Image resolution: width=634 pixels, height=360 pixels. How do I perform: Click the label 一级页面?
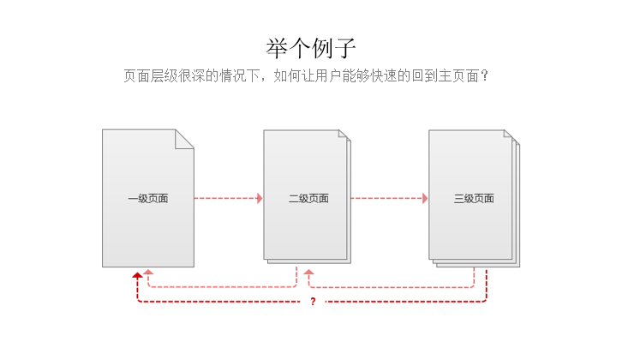coord(148,199)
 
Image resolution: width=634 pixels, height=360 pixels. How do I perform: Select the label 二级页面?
coord(308,199)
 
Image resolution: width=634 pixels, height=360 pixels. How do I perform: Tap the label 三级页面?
coord(474,199)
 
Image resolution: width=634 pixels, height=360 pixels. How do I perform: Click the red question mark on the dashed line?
coord(313,302)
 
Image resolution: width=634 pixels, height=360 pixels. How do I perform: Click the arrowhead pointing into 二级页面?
coord(259,199)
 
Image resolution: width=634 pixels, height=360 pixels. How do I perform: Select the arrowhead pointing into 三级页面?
coord(424,199)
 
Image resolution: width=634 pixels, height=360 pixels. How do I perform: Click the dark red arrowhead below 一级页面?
coord(137,275)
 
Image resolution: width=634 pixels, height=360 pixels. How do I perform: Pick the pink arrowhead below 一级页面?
coord(148,273)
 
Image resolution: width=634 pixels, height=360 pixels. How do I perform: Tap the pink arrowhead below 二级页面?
coord(309,273)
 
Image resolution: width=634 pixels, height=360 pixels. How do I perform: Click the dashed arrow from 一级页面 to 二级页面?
coord(226,199)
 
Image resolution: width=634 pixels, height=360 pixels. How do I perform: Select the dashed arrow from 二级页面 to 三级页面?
coord(387,199)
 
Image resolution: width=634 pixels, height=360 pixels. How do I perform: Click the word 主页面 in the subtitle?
coord(456,76)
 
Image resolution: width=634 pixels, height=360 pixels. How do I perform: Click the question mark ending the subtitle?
coord(484,76)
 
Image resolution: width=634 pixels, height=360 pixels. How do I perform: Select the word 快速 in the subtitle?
coord(382,76)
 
